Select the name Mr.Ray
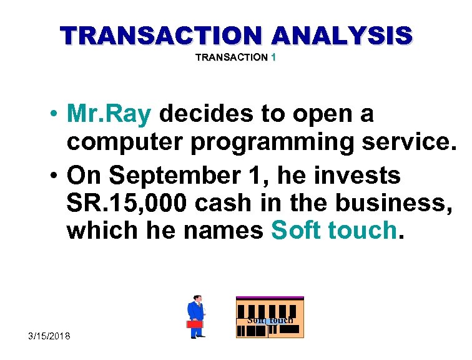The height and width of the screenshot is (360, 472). pyautogui.click(x=109, y=114)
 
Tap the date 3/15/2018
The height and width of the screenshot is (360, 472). pyautogui.click(x=49, y=336)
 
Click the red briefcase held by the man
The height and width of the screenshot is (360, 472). pyautogui.click(x=195, y=324)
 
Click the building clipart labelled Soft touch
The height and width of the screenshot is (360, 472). pyautogui.click(x=270, y=317)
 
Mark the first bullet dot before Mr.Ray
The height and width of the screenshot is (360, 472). pyautogui.click(x=56, y=115)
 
